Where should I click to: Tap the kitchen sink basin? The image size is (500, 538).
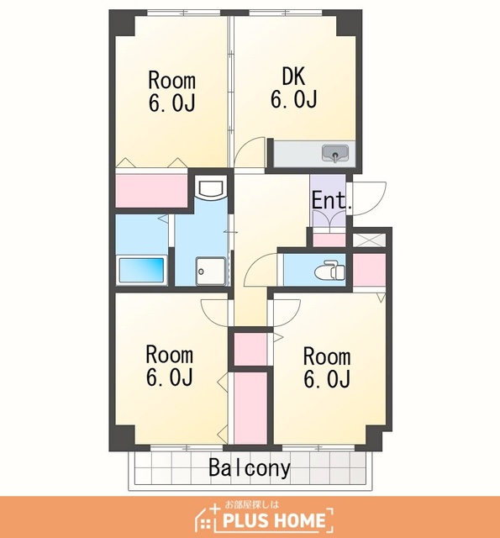coord(335,153)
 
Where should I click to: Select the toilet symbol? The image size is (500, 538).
coord(329,270)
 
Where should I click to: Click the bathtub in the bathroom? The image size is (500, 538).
coord(141,270)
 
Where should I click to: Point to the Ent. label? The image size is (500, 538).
coord(331,201)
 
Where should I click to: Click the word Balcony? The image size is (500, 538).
coord(250,468)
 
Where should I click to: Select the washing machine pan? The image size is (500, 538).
coord(211,271)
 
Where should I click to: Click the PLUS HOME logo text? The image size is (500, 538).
coord(274,520)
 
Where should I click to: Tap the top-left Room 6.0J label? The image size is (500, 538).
coord(171,92)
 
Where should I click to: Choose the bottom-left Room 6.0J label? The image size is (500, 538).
coord(170,366)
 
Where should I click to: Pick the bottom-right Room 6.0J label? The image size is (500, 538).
coord(327,367)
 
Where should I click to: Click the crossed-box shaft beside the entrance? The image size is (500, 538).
coord(369,240)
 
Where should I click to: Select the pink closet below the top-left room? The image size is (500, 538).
coord(151,191)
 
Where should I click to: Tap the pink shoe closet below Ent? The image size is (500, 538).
coord(329,240)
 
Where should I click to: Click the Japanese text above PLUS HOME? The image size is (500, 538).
coord(252,504)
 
